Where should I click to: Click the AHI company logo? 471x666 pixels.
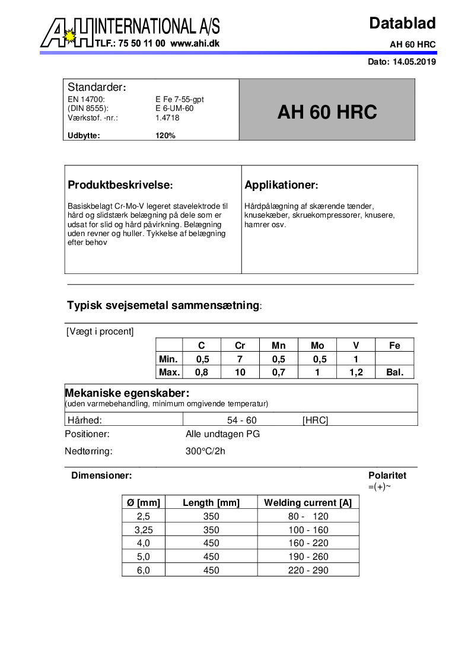[67, 33]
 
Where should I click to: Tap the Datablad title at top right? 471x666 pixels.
[402, 23]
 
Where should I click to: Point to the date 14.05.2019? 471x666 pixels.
[414, 62]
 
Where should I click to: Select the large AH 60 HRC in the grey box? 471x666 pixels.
[327, 112]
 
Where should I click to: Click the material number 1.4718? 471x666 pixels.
[167, 117]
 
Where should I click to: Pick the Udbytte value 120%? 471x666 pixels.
[166, 135]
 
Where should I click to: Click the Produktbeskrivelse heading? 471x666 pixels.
[120, 185]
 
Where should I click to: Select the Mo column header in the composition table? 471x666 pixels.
[317, 345]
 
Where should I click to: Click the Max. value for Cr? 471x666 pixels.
[240, 372]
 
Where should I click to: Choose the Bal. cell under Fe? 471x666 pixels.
[394, 372]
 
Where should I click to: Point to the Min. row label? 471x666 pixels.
[169, 359]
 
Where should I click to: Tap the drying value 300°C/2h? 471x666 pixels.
[205, 451]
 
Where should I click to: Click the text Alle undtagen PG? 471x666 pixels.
[222, 434]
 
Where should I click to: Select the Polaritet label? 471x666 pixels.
[387, 475]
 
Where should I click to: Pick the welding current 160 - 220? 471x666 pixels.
[308, 543]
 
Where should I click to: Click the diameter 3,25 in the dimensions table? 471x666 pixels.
[144, 530]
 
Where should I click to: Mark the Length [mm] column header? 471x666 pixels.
[211, 502]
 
